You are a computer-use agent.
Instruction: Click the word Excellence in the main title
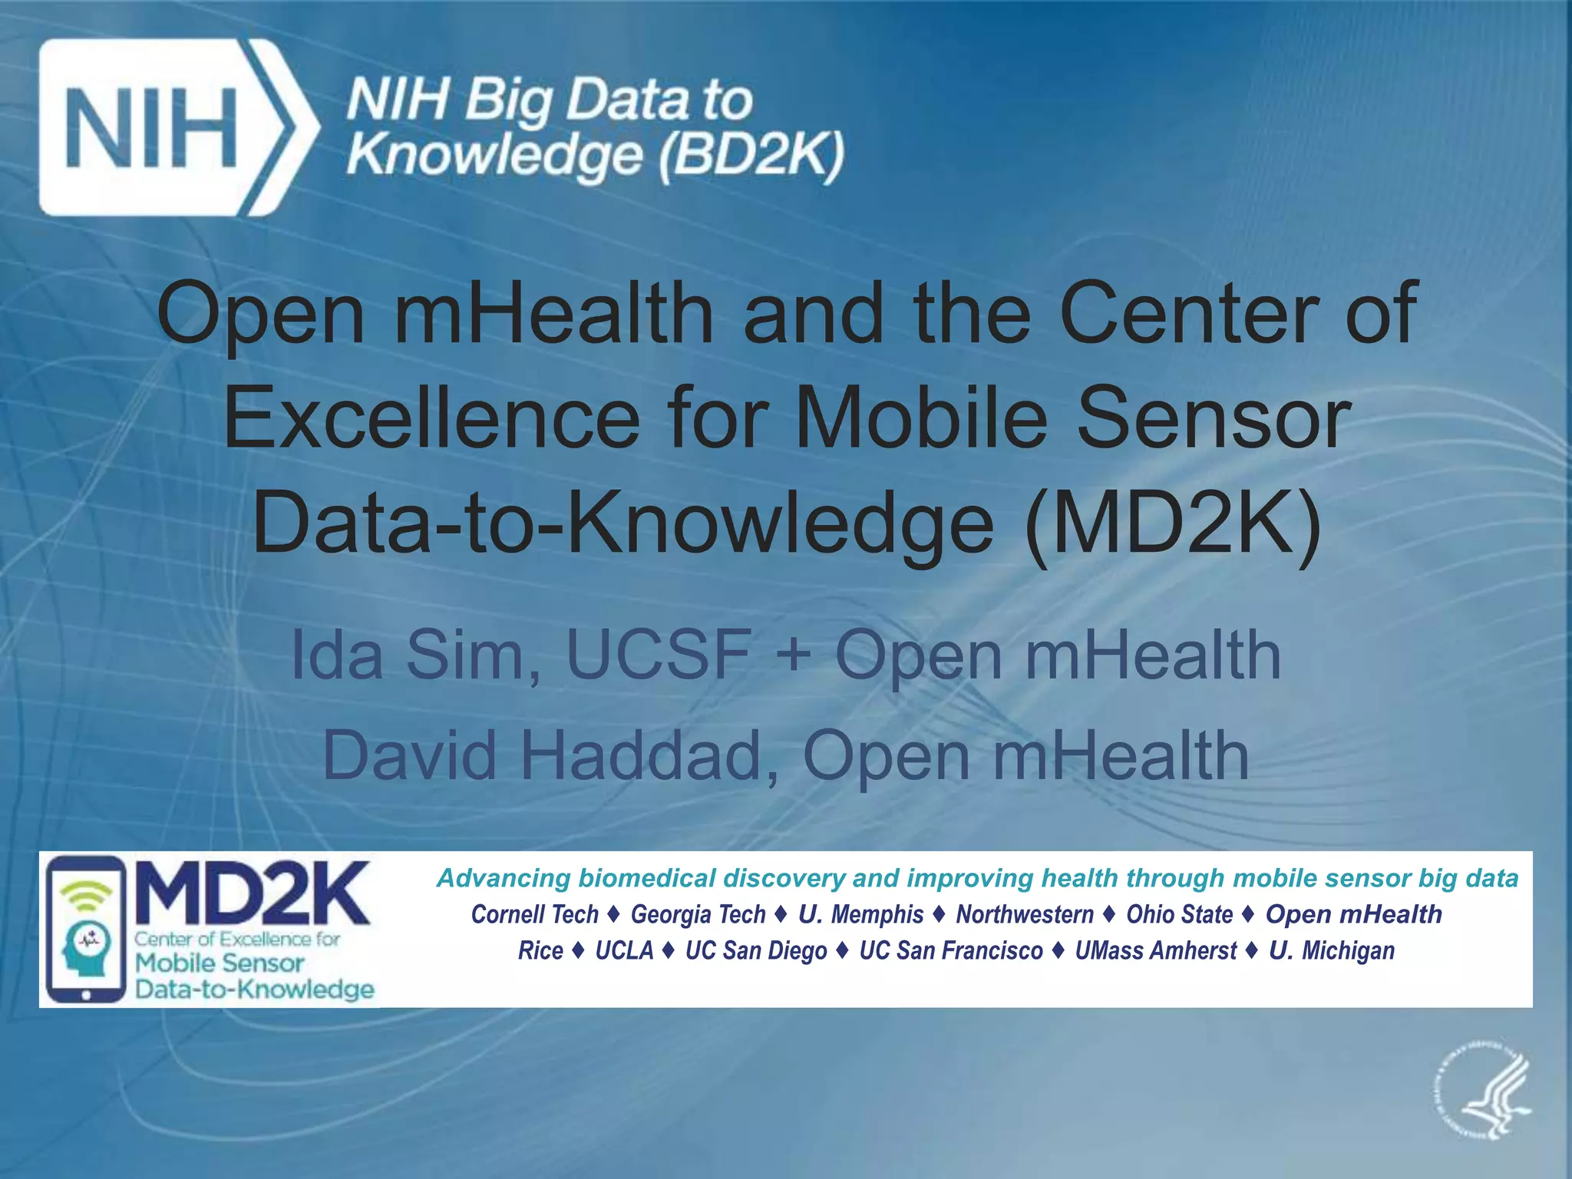point(431,418)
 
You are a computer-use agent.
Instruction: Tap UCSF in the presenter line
point(659,655)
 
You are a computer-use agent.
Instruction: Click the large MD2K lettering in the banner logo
point(253,893)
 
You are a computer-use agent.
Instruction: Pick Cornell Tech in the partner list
point(534,914)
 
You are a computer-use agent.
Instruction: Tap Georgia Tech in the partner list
point(698,914)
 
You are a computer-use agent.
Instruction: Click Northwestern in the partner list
point(1024,914)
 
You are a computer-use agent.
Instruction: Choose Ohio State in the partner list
point(1179,914)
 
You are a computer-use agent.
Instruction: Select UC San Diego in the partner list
point(756,950)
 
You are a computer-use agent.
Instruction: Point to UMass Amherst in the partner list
point(1155,950)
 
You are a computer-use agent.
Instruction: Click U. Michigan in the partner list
point(1331,950)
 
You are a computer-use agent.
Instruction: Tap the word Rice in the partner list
point(540,950)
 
